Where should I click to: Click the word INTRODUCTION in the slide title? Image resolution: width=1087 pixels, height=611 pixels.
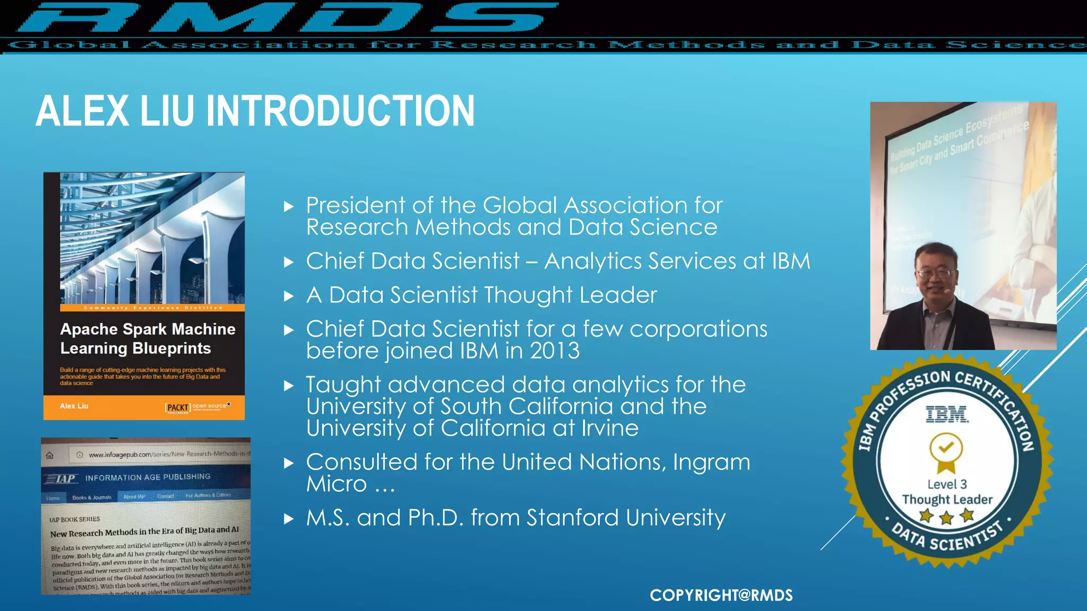pos(340,111)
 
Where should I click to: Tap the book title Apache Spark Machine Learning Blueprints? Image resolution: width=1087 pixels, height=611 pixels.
pos(147,338)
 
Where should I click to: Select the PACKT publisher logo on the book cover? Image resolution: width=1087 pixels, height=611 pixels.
pos(178,407)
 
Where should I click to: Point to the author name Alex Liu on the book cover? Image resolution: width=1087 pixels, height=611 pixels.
pos(74,406)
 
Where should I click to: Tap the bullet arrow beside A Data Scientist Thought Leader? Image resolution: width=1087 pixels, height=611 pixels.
pos(289,296)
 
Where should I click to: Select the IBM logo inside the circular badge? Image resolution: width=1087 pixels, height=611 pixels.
pos(947,414)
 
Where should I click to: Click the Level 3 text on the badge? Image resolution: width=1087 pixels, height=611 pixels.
pos(947,484)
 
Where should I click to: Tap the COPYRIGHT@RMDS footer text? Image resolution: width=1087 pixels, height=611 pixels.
pos(721,595)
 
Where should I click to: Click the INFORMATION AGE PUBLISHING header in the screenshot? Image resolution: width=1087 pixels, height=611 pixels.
pos(148,477)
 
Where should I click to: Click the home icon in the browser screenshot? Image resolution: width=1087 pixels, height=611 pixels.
pos(50,455)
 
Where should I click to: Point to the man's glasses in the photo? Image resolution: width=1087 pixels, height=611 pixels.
pos(935,273)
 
